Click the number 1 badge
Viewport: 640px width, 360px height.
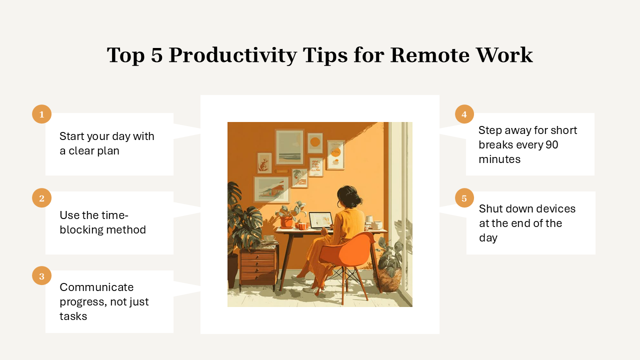pyautogui.click(x=41, y=114)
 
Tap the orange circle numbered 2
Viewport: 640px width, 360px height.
pyautogui.click(x=41, y=197)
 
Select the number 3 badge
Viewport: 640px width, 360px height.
pyautogui.click(x=41, y=275)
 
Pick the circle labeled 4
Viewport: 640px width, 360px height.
pyautogui.click(x=464, y=114)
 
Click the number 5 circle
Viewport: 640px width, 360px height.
pyautogui.click(x=464, y=197)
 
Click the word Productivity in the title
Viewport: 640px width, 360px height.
pyautogui.click(x=232, y=55)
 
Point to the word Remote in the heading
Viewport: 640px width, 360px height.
pyautogui.click(x=429, y=54)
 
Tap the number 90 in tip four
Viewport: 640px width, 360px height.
pyautogui.click(x=551, y=144)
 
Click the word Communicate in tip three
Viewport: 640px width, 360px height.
pyautogui.click(x=96, y=287)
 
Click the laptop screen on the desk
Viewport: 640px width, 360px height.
pyautogui.click(x=320, y=220)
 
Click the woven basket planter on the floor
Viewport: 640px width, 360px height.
pyautogui.click(x=388, y=279)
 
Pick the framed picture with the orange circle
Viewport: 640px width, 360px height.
pyautogui.click(x=315, y=143)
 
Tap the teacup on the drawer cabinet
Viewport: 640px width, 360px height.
pyautogui.click(x=268, y=238)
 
